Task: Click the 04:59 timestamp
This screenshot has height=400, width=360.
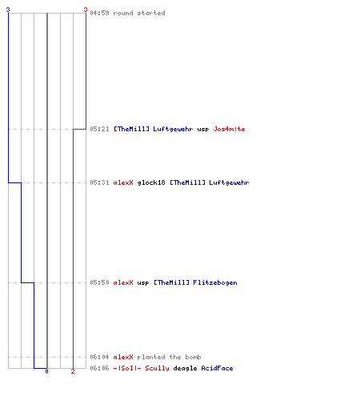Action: pos(99,13)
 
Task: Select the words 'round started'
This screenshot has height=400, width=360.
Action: pos(139,13)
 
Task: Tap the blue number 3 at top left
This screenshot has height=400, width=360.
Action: pos(8,10)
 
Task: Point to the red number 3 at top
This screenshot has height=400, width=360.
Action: pos(86,10)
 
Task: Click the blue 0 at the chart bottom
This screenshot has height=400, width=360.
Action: pos(46,371)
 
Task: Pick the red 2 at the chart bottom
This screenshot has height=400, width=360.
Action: pos(73,371)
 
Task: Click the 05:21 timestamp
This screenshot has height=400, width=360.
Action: pos(99,129)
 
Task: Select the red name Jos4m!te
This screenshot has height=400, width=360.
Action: pos(229,129)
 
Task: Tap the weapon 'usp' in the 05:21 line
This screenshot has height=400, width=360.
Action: pos(203,130)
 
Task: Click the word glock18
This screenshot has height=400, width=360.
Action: pos(151,182)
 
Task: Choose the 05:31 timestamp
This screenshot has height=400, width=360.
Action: pos(99,182)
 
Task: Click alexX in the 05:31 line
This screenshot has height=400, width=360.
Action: pos(123,182)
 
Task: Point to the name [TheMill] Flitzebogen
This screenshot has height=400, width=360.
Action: pos(195,282)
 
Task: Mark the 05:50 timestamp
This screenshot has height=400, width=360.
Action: pos(99,282)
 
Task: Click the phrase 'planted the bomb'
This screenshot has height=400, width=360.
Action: pos(169,357)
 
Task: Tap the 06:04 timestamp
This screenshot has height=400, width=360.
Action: pos(99,357)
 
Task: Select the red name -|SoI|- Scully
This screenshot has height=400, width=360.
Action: pos(142,368)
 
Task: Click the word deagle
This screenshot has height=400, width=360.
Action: pos(185,369)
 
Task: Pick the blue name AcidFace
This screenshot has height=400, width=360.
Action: pos(217,368)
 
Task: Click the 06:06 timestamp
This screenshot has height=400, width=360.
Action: pos(99,368)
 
